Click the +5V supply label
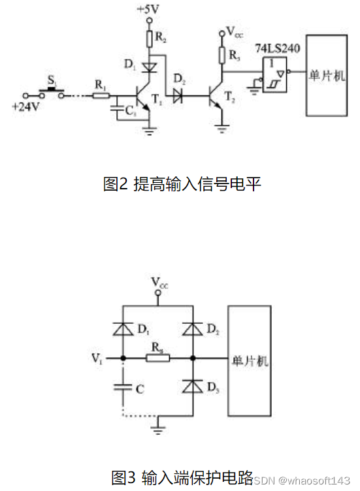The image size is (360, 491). (x=148, y=10)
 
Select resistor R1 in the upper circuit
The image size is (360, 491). (x=100, y=95)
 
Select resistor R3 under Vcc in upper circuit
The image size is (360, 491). (x=223, y=55)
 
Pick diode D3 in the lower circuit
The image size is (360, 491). (x=193, y=387)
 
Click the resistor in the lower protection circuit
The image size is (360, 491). (x=157, y=358)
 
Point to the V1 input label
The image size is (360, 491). (x=97, y=358)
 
